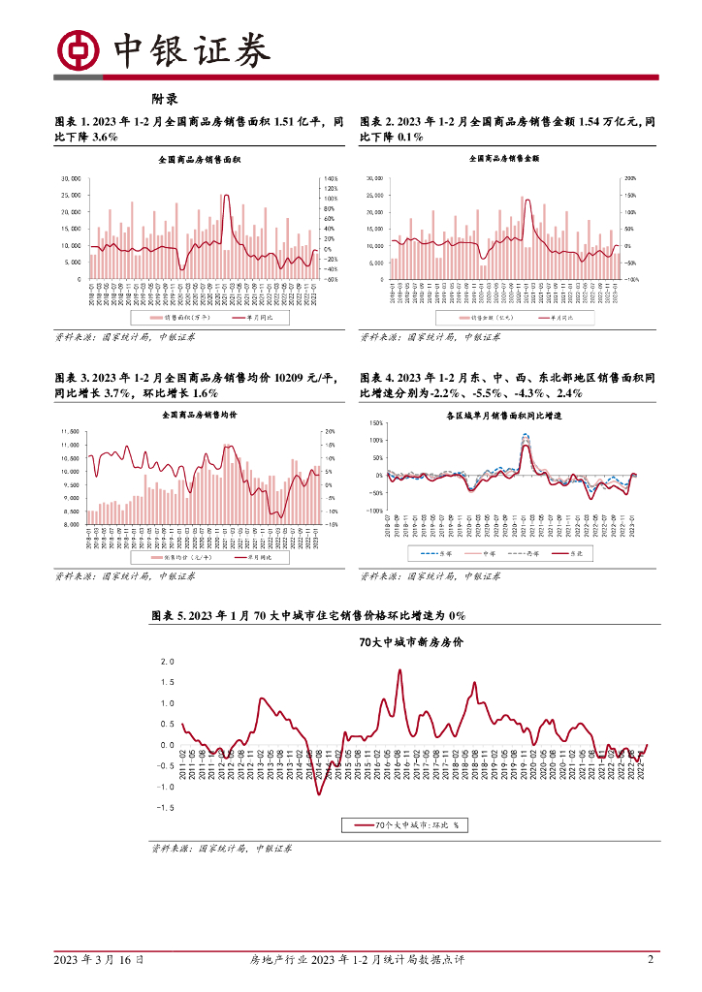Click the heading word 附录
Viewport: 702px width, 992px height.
[164, 99]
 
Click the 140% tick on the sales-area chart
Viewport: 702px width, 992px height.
[330, 179]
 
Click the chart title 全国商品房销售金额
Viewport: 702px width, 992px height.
[503, 157]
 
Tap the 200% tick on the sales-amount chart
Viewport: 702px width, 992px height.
[629, 179]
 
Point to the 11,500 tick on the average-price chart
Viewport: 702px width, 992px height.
[69, 432]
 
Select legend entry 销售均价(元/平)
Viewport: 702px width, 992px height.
[175, 558]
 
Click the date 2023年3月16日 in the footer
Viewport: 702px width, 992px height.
[100, 960]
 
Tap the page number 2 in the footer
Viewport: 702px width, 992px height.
[651, 960]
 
